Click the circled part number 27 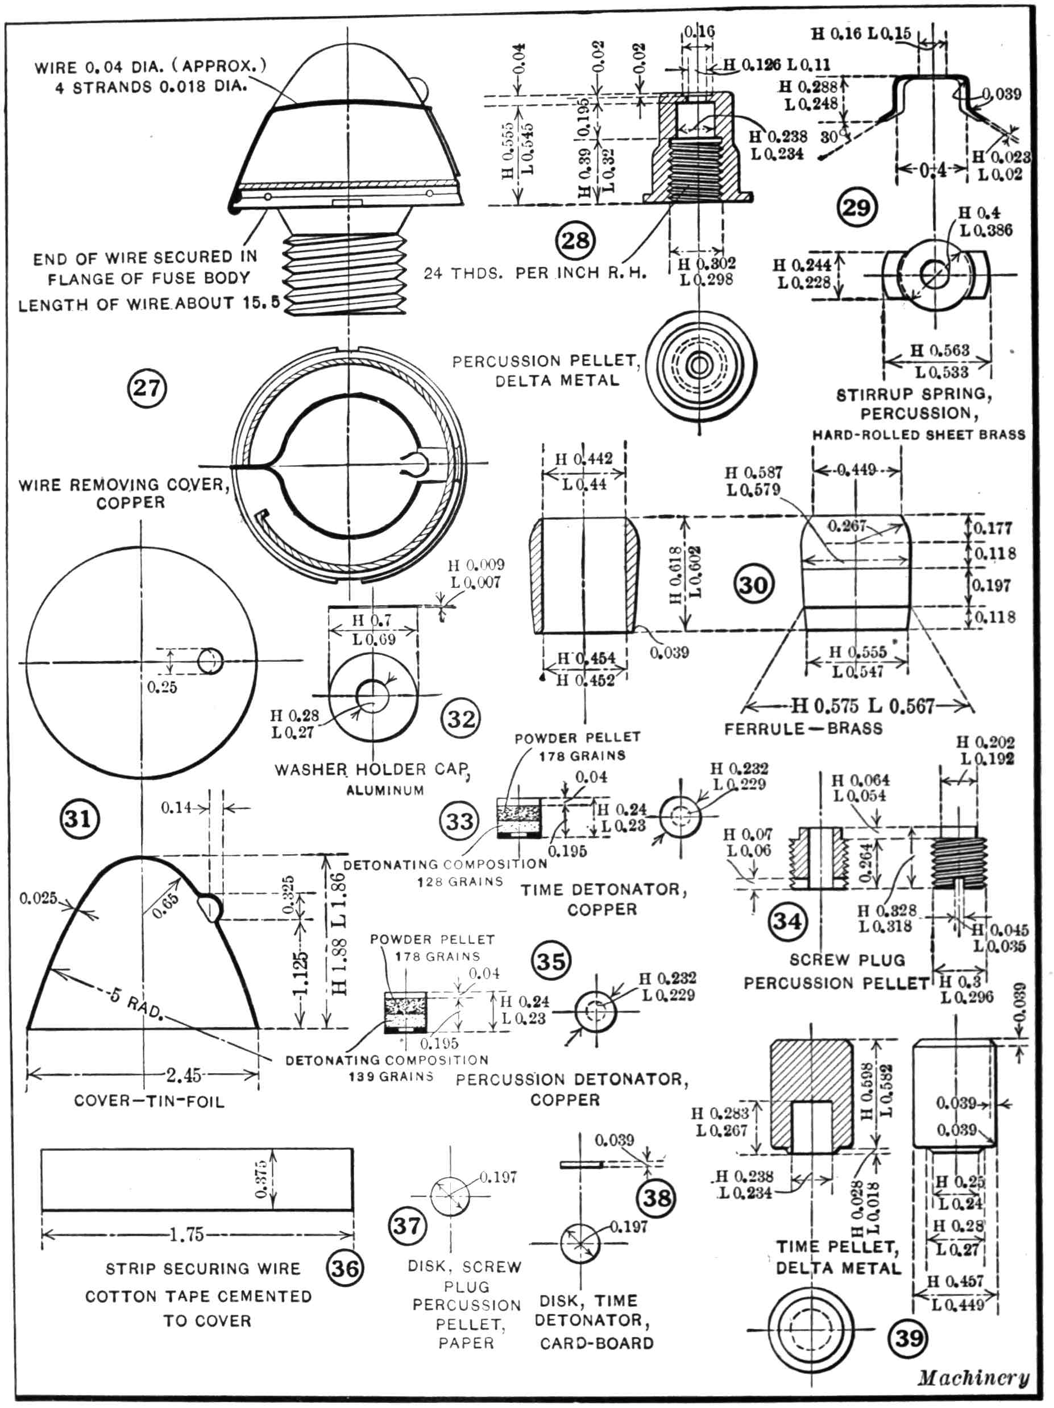pos(147,388)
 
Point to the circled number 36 pos(345,1268)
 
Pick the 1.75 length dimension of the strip pos(186,1236)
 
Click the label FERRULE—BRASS pos(803,729)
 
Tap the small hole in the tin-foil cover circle pos(209,661)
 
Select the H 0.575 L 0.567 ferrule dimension pos(862,706)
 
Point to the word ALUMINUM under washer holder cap pos(385,790)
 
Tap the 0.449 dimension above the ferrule pos(856,470)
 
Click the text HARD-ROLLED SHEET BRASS pos(919,435)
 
